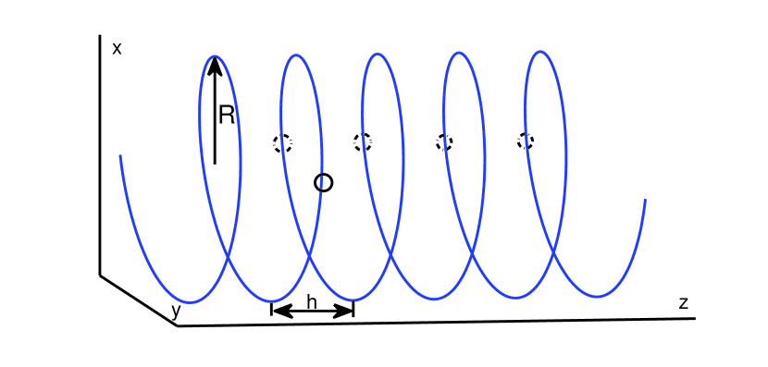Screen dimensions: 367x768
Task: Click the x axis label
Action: pyautogui.click(x=117, y=48)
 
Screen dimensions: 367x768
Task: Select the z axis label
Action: pyautogui.click(x=683, y=302)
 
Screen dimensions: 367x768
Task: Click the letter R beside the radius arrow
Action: pyautogui.click(x=227, y=115)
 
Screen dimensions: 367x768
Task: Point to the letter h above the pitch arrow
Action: pyautogui.click(x=312, y=301)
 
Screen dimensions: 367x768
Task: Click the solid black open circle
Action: pyautogui.click(x=323, y=183)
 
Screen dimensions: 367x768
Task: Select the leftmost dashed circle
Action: pyautogui.click(x=282, y=142)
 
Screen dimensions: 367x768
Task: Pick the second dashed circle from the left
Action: pyautogui.click(x=363, y=141)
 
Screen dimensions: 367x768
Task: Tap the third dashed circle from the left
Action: pyautogui.click(x=444, y=141)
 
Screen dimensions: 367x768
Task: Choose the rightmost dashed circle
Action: pyautogui.click(x=526, y=141)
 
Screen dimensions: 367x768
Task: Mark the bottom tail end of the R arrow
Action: pyautogui.click(x=215, y=164)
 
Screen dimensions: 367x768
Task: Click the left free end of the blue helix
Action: pyautogui.click(x=120, y=156)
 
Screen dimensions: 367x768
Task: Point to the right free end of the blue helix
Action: pyautogui.click(x=645, y=200)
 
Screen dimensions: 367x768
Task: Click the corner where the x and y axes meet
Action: pyautogui.click(x=100, y=275)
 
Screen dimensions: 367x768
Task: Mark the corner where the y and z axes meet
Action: pyautogui.click(x=177, y=325)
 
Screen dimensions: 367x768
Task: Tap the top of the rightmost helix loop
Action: pyautogui.click(x=539, y=52)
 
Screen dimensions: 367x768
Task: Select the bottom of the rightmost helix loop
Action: pyautogui.click(x=597, y=297)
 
